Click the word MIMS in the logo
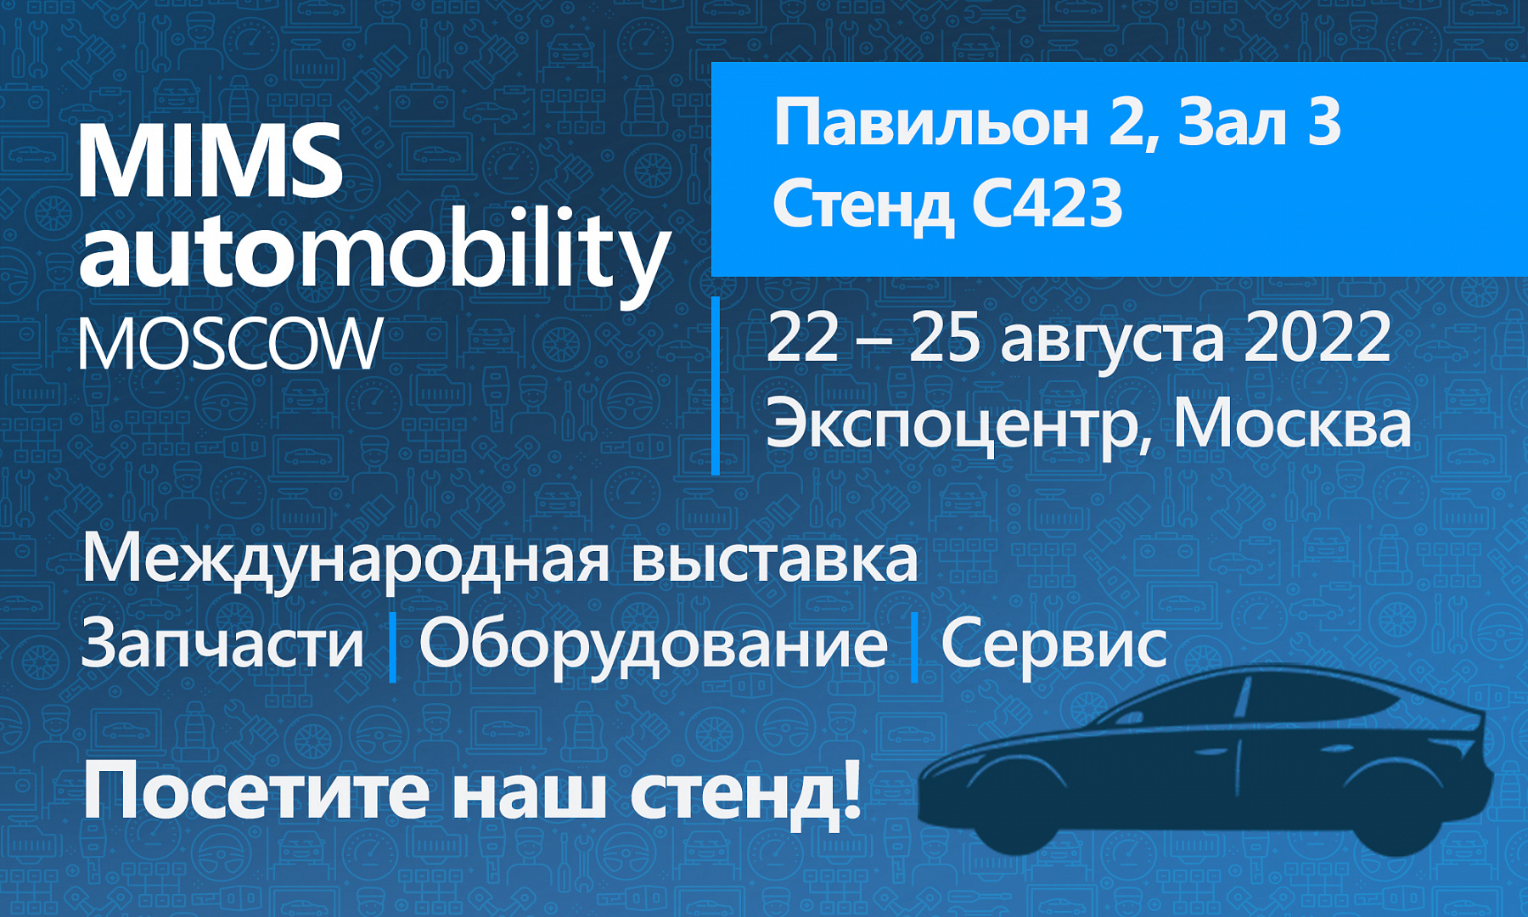pyautogui.click(x=211, y=160)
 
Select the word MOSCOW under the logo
pyautogui.click(x=231, y=344)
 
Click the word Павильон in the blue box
pyautogui.click(x=930, y=124)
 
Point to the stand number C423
pyautogui.click(x=1047, y=205)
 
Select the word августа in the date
pyautogui.click(x=1113, y=344)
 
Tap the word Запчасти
pyautogui.click(x=222, y=643)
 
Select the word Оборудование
pyautogui.click(x=653, y=646)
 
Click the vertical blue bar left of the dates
pyautogui.click(x=716, y=385)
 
